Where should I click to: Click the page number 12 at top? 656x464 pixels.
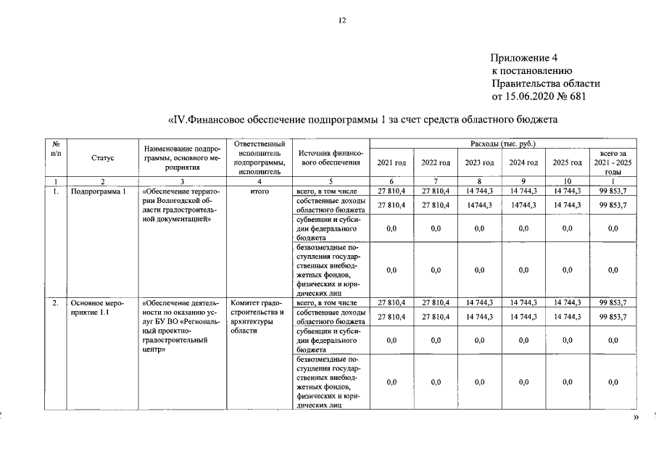click(342, 21)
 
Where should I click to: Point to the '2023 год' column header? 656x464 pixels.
click(479, 162)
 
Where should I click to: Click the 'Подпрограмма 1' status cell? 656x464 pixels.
click(94, 191)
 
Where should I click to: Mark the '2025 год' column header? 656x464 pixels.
click(567, 162)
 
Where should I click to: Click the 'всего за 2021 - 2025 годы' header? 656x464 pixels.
click(613, 162)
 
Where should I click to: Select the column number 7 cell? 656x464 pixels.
click(436, 181)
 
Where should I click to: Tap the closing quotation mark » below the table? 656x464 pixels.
click(637, 419)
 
